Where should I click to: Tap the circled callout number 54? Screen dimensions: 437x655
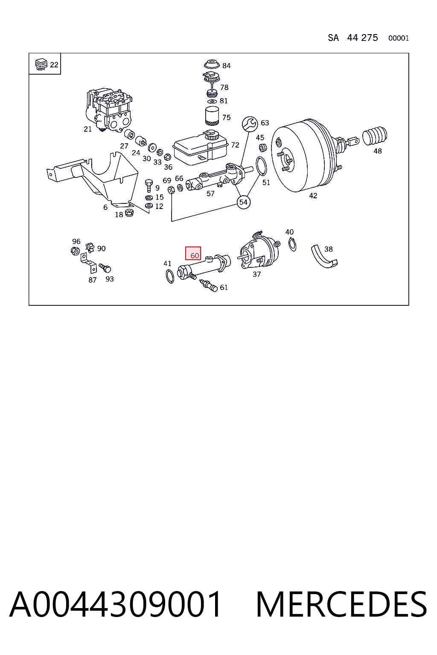tap(244, 202)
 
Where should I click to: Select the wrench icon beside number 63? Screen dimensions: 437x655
tap(250, 124)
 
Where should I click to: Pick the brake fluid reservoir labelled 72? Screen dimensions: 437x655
tap(201, 148)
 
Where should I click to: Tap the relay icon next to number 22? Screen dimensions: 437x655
tap(41, 64)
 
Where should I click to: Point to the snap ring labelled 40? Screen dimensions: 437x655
tap(292, 244)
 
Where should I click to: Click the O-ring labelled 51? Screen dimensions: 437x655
tap(261, 166)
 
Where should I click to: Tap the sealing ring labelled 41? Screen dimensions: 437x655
tap(170, 276)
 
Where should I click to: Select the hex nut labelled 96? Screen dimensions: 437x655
tap(75, 251)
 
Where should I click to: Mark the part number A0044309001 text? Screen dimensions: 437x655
tap(115, 604)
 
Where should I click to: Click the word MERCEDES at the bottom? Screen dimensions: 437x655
tap(341, 604)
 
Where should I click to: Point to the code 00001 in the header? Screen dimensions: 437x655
tap(398, 38)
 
